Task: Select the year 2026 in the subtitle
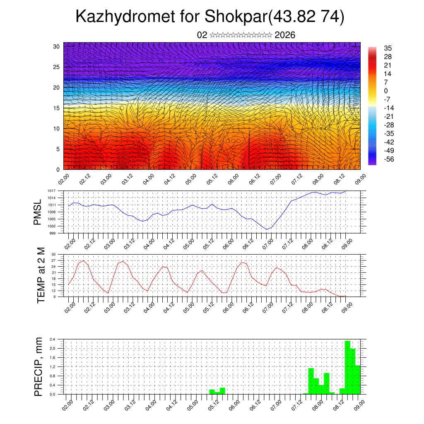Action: pyautogui.click(x=285, y=35)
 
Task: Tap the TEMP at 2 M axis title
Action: pyautogui.click(x=41, y=275)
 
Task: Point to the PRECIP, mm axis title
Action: pyautogui.click(x=39, y=366)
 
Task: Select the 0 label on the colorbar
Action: pyautogui.click(x=386, y=91)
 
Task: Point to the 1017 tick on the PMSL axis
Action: pyautogui.click(x=51, y=191)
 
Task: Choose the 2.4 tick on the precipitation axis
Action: pyautogui.click(x=52, y=339)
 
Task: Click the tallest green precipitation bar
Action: pyautogui.click(x=347, y=367)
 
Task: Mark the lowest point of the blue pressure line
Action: pyautogui.click(x=267, y=229)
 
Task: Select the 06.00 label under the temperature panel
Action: pyautogui.click(x=228, y=308)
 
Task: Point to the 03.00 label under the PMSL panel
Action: pyautogui.click(x=109, y=244)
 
